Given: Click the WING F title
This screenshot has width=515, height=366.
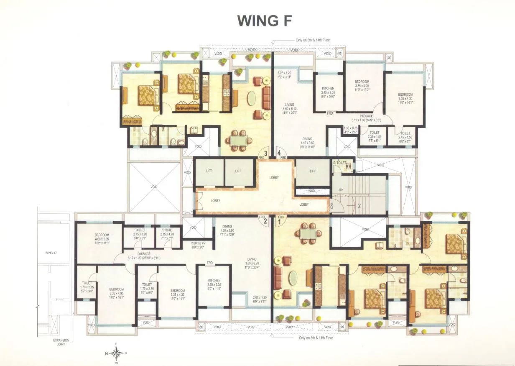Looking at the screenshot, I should (264, 20).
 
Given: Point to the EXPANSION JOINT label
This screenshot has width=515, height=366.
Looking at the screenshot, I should (61, 342).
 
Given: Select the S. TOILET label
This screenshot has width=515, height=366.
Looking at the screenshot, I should (339, 162).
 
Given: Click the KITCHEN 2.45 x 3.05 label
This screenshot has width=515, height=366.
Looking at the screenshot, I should (328, 92).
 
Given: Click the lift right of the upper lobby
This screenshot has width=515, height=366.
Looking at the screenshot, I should (313, 171).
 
